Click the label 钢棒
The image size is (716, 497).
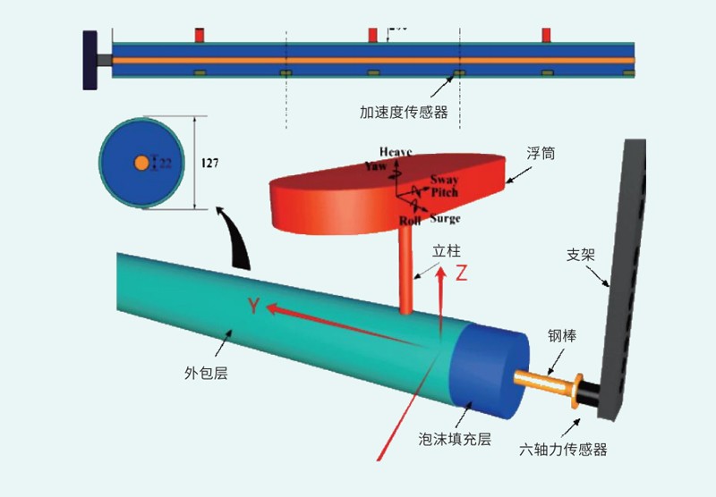562,337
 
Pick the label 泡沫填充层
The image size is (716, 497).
456,439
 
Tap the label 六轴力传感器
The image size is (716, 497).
564,450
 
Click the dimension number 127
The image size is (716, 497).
209,164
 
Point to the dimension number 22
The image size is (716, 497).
166,163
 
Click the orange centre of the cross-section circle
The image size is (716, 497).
141,163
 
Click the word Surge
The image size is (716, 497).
445,219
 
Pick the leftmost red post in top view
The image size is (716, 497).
200,34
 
